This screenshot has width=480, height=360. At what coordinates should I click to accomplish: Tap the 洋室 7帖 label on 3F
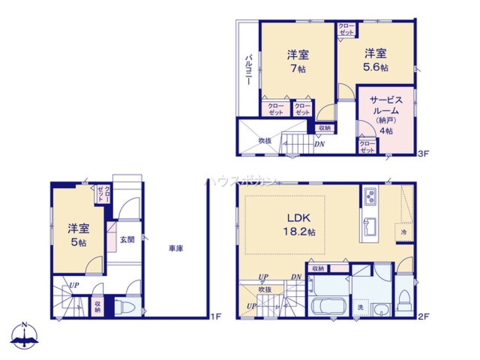(298, 61)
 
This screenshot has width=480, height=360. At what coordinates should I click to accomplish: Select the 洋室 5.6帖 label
(375, 60)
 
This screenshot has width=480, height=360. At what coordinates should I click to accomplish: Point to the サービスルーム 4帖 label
(385, 115)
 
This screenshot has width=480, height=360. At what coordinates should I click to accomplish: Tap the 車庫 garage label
(176, 249)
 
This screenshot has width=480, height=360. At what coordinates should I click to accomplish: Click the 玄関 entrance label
(127, 240)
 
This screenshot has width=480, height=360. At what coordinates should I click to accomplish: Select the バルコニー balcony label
(249, 70)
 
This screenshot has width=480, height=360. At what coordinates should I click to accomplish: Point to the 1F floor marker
(216, 316)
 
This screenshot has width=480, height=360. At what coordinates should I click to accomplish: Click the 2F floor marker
(422, 316)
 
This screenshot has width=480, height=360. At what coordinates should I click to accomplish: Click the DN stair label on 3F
(319, 143)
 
